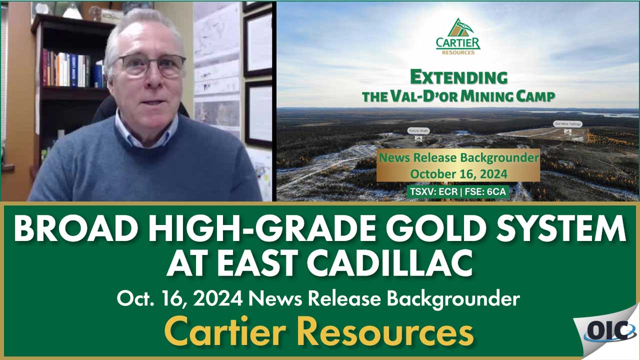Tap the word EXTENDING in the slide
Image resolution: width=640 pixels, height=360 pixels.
click(458, 77)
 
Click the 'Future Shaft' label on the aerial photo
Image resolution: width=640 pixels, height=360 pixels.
click(417, 130)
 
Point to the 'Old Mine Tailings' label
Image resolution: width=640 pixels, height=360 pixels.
click(566, 123)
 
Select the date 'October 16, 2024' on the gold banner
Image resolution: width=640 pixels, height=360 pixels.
click(458, 173)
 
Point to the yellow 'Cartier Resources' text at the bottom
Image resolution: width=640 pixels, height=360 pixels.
click(318, 331)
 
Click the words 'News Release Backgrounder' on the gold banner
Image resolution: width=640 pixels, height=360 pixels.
click(458, 158)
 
